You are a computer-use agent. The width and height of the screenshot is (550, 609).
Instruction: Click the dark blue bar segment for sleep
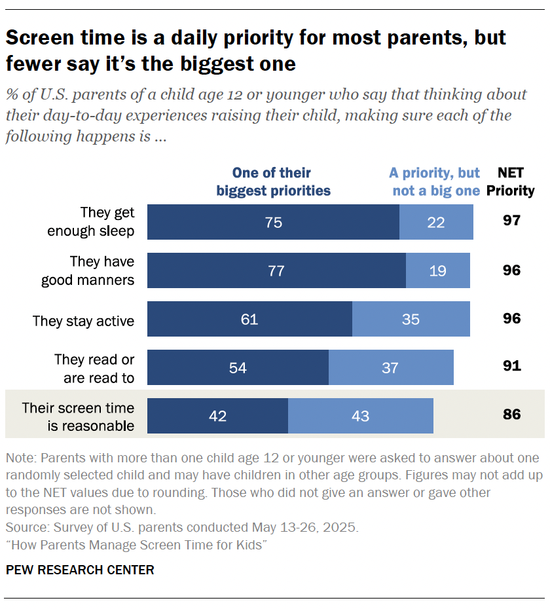point(273,222)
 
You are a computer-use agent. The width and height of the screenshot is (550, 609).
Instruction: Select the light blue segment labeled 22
point(436,222)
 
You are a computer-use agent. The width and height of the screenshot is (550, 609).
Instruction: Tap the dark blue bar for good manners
point(276,270)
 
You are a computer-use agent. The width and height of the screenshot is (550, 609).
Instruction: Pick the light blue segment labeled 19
point(438,270)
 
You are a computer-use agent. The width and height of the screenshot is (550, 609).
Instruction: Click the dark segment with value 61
point(249,319)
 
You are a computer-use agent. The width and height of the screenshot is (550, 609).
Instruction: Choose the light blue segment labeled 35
point(411,319)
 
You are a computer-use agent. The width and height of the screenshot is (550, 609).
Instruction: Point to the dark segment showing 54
point(238,367)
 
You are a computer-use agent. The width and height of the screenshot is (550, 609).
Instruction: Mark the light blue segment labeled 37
point(391,367)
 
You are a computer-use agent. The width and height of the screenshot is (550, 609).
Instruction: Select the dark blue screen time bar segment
point(217,416)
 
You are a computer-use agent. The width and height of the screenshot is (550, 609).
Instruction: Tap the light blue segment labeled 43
point(361,416)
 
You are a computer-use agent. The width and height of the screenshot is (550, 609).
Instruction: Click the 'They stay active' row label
point(83,321)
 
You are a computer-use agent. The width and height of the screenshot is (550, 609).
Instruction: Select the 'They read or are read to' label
point(95,369)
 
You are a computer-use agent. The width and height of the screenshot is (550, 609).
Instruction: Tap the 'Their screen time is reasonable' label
point(78,416)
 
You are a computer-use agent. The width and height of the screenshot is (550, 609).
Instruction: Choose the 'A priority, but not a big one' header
point(435,182)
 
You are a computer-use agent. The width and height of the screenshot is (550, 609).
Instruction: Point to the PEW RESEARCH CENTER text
point(80,570)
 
